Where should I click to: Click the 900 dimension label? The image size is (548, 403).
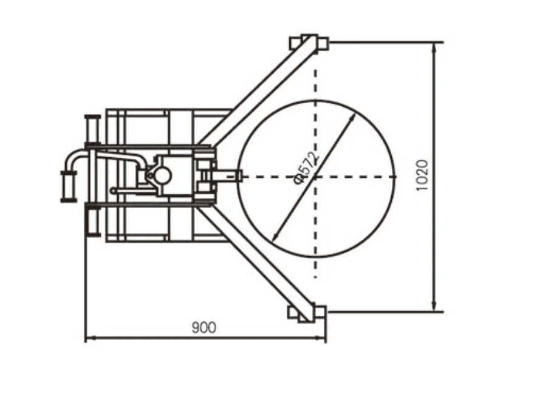click(x=204, y=327)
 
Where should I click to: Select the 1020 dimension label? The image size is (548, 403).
click(x=422, y=175)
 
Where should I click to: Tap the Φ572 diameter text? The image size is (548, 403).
click(x=307, y=168)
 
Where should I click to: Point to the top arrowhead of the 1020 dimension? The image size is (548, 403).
click(x=434, y=47)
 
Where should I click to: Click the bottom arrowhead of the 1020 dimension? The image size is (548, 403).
click(x=434, y=306)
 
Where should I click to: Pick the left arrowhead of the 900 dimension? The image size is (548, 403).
click(x=90, y=337)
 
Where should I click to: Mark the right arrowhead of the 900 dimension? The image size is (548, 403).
click(x=321, y=337)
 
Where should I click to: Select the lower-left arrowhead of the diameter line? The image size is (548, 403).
click(x=275, y=237)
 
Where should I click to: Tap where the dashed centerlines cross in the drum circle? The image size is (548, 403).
click(x=315, y=177)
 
